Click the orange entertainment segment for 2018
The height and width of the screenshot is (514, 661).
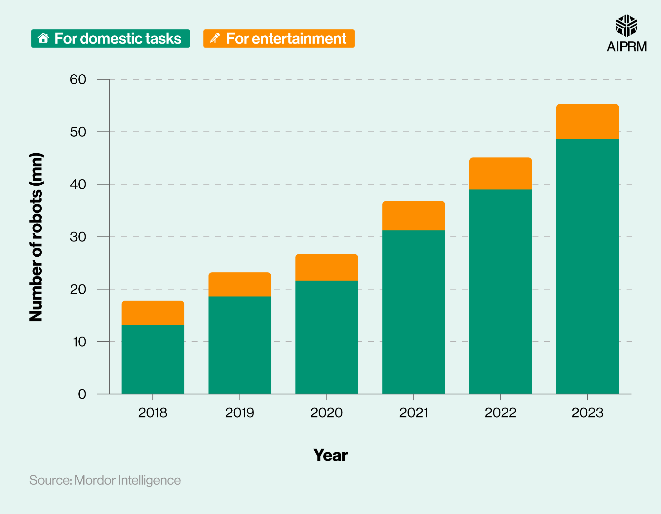153,312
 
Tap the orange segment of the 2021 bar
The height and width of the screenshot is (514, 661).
413,215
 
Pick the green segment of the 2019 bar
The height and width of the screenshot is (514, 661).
240,345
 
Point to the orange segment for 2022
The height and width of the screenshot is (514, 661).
500,173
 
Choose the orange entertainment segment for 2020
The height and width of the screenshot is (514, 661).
327,267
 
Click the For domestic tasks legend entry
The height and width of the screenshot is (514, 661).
110,39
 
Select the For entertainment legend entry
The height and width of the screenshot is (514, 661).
279,39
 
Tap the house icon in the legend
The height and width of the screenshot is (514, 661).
43,38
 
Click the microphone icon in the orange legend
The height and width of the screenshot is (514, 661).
215,38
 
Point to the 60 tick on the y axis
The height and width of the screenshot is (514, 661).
78,80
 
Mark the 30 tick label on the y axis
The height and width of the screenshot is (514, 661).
78,237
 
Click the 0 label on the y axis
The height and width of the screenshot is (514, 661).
82,394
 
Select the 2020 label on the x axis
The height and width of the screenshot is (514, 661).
327,413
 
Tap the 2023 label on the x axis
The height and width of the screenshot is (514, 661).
587,413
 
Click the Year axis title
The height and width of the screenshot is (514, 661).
330,455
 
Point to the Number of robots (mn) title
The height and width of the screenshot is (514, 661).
36,237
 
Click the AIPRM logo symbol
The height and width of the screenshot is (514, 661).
626,26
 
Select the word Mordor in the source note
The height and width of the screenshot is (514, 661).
95,480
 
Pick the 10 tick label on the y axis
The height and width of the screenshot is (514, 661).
79,342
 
